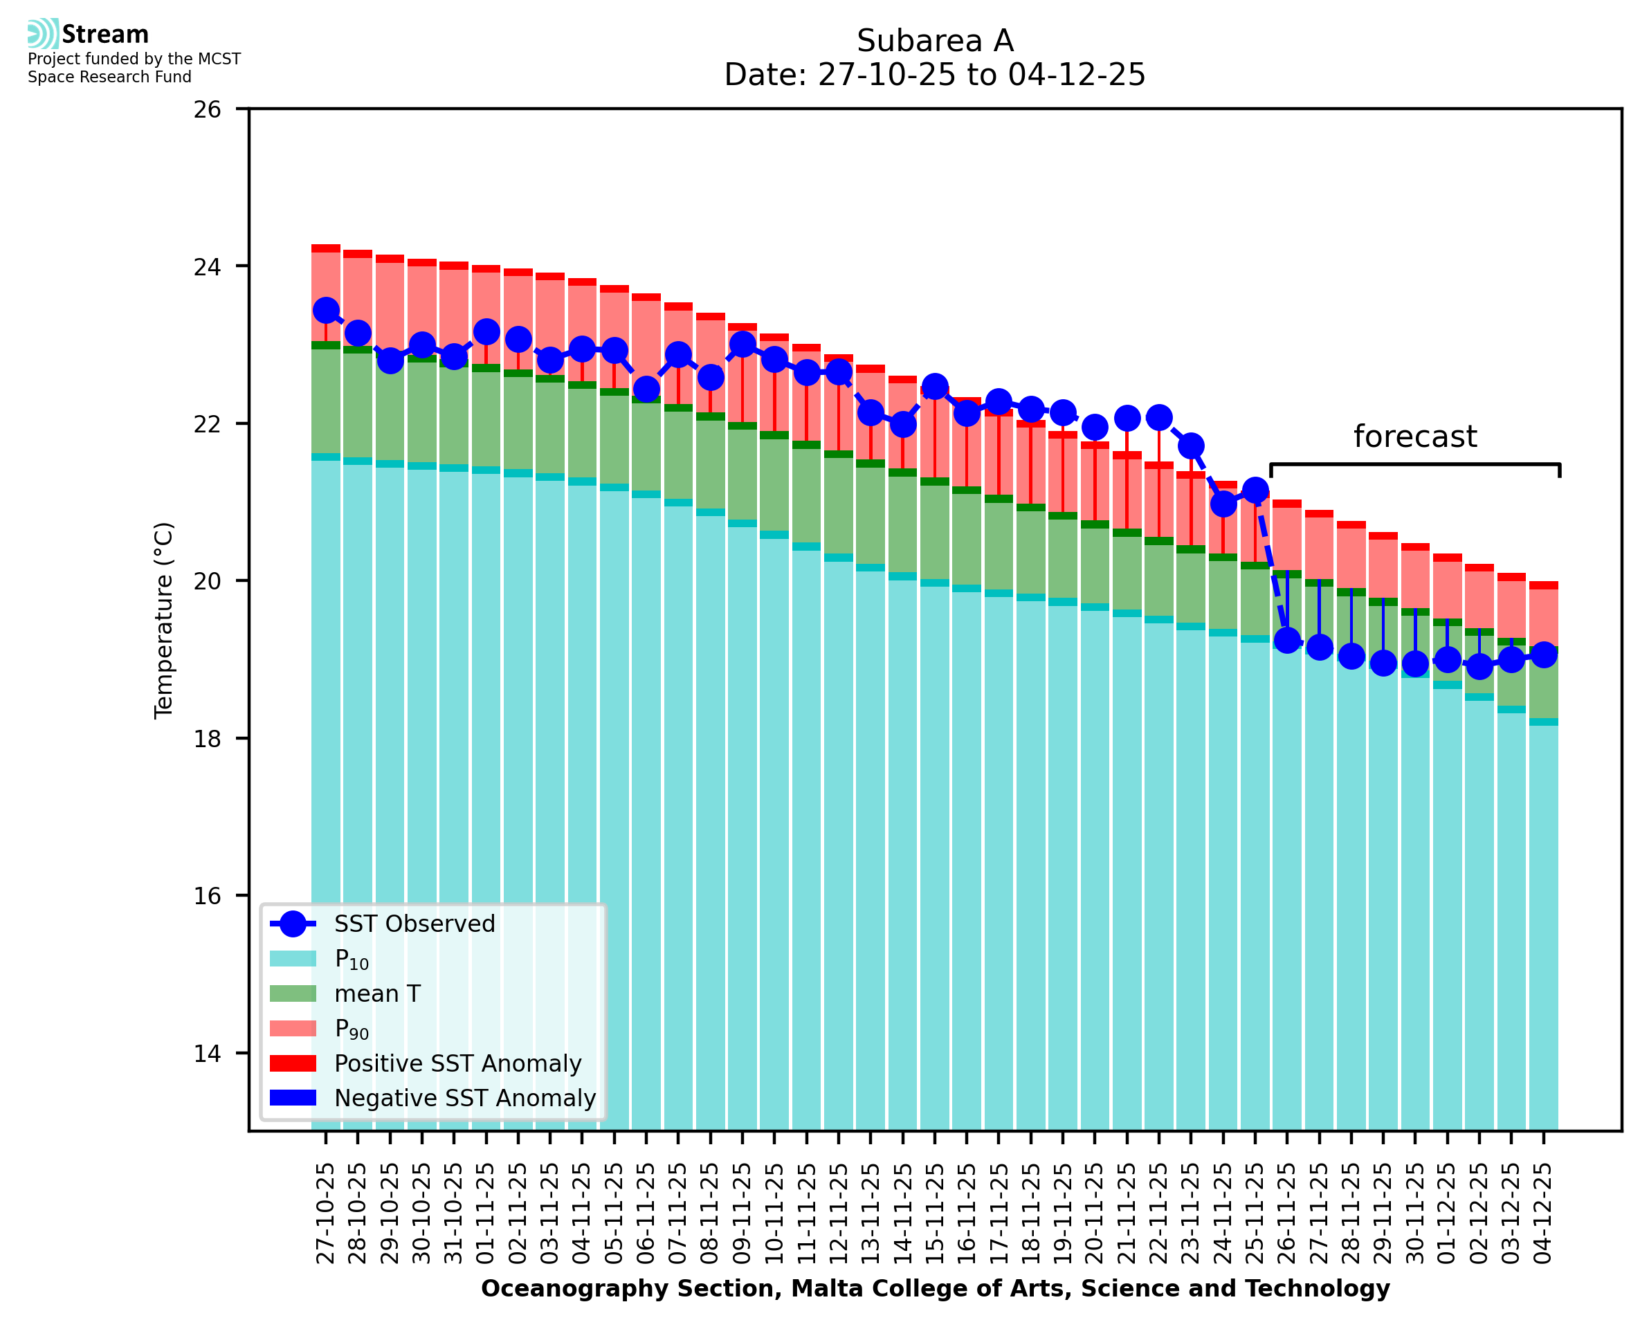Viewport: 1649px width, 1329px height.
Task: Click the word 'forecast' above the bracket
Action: pos(1414,437)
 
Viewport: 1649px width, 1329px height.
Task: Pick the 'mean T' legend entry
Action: pos(377,993)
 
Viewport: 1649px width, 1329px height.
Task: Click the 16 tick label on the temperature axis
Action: pos(207,896)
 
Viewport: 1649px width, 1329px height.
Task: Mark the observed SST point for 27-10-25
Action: pos(326,310)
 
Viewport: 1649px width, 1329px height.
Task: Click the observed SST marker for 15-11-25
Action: pos(935,387)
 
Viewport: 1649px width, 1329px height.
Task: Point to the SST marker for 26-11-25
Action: pos(1287,640)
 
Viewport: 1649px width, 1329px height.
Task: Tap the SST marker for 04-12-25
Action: pos(1543,654)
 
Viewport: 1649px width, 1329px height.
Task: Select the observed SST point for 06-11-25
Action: pos(646,389)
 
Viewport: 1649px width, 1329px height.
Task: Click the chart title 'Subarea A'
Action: pos(935,41)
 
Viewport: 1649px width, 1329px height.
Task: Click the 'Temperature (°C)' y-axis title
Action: pos(164,620)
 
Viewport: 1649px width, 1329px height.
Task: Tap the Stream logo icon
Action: pos(43,34)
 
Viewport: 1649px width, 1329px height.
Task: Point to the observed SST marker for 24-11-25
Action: pos(1223,504)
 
